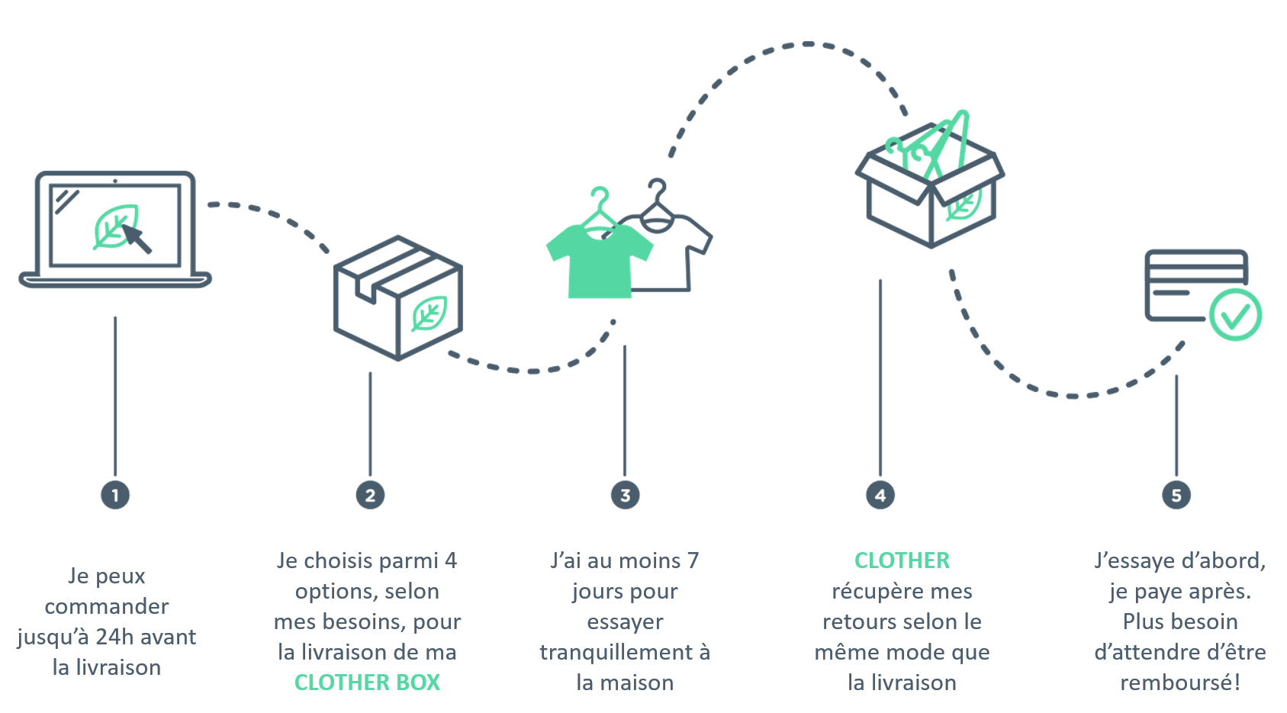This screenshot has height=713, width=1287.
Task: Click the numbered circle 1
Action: pyautogui.click(x=115, y=495)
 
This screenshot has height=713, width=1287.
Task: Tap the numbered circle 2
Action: pyautogui.click(x=370, y=495)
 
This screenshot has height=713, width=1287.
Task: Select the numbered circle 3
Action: pyautogui.click(x=625, y=495)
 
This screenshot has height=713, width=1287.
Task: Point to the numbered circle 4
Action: pyautogui.click(x=880, y=495)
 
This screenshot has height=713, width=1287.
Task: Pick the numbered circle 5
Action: pyautogui.click(x=1176, y=495)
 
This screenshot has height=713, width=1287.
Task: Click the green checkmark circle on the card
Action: pyautogui.click(x=1235, y=315)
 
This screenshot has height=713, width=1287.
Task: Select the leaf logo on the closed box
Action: pyautogui.click(x=430, y=313)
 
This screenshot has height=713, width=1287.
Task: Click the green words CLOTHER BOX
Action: pyautogui.click(x=367, y=682)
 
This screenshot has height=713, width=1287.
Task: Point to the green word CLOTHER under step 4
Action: pyautogui.click(x=902, y=560)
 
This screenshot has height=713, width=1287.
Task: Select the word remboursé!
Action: pyautogui.click(x=1180, y=682)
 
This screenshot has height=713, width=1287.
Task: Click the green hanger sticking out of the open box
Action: pyautogui.click(x=948, y=143)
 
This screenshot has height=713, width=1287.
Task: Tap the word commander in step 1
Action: pyautogui.click(x=107, y=607)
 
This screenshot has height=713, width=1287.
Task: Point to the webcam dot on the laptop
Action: pyautogui.click(x=115, y=181)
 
